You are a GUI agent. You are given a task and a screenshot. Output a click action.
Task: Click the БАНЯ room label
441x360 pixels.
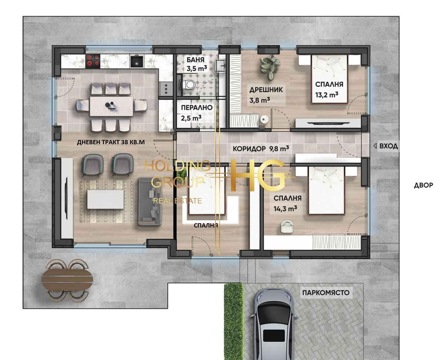[195, 60]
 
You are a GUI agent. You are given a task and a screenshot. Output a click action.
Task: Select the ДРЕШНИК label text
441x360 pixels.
[266, 90]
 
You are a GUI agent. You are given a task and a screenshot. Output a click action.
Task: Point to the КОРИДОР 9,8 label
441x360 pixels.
[261, 149]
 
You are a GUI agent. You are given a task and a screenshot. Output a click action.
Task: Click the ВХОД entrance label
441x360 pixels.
[388, 146]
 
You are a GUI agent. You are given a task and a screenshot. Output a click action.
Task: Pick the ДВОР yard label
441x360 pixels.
[423, 185]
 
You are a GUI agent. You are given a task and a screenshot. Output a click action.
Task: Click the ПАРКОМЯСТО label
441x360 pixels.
[326, 293]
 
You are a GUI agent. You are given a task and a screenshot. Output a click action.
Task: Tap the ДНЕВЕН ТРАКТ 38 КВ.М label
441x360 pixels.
[111, 142]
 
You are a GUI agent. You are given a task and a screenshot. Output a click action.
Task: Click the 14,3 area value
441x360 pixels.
[285, 208]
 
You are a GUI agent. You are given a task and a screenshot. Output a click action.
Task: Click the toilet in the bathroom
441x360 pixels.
[188, 85]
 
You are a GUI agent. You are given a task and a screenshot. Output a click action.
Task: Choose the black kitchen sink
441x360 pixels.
[137, 61]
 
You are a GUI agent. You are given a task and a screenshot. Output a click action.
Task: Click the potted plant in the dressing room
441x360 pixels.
[270, 67]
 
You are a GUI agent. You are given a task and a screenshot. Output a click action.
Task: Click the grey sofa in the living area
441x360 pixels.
[150, 201]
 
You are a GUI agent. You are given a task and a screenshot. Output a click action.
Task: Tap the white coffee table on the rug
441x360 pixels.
[106, 199]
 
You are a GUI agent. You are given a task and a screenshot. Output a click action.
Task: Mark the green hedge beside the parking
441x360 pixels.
[234, 321]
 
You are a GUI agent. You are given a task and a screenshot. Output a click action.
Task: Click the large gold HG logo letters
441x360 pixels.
[258, 175]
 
